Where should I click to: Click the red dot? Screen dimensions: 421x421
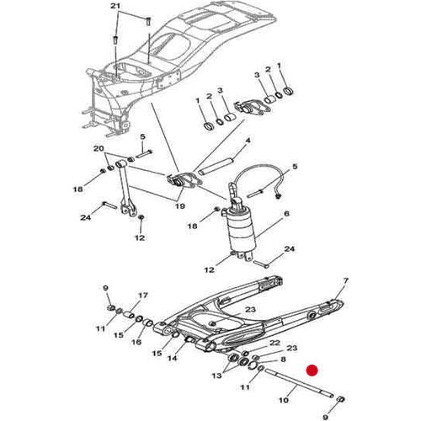click(312, 370)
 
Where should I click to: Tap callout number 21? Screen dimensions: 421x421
click(115, 6)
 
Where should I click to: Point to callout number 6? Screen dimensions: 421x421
click(286, 214)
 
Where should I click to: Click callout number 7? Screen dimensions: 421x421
click(345, 280)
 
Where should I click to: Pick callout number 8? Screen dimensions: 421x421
click(283, 360)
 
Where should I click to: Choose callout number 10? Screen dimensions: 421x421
click(284, 399)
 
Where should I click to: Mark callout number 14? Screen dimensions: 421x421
click(173, 358)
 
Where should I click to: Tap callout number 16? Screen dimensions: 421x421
click(136, 342)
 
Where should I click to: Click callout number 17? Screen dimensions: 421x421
click(142, 296)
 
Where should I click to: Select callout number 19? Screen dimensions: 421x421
click(180, 206)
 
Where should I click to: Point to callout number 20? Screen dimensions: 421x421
click(99, 148)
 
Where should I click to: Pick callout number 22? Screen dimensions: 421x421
click(274, 343)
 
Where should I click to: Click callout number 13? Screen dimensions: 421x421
click(216, 376)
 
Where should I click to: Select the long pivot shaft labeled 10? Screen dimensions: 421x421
click(300, 383)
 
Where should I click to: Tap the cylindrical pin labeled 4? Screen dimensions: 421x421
click(216, 166)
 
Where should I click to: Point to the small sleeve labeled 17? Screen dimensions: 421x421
click(130, 314)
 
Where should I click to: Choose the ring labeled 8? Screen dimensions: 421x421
click(254, 365)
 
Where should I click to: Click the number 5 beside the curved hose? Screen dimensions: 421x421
click(295, 167)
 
